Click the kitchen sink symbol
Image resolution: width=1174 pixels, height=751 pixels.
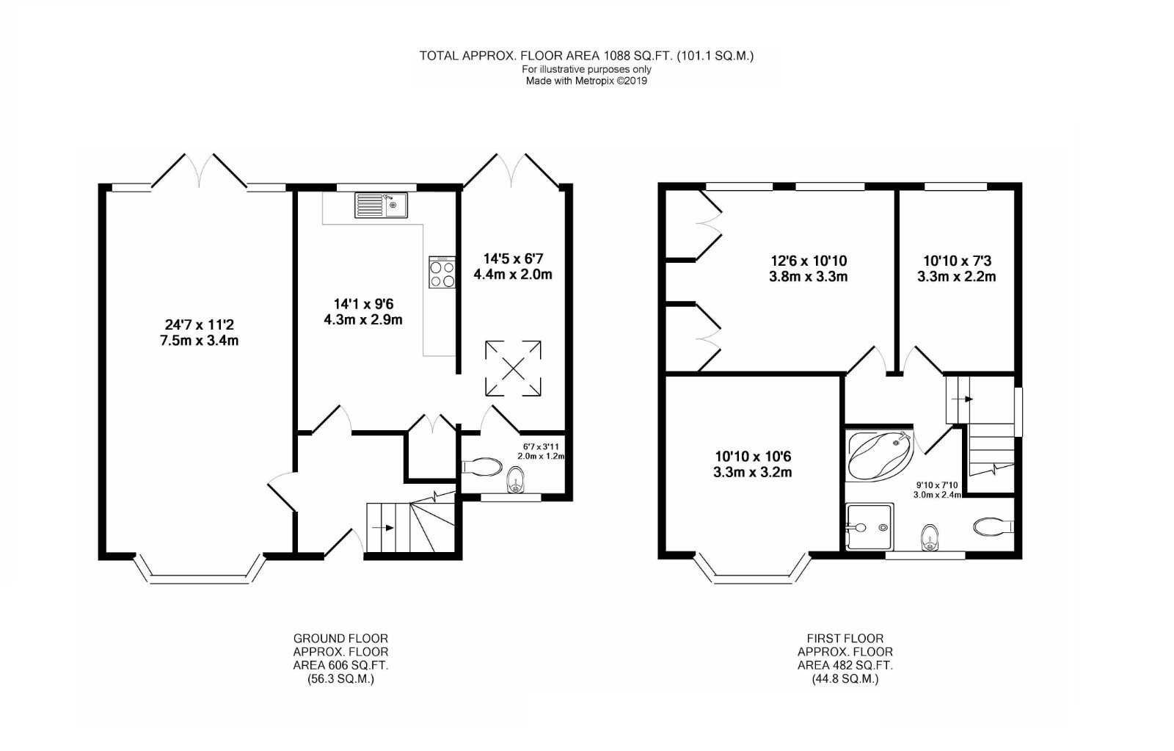381,205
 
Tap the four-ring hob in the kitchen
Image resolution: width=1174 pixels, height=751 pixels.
442,272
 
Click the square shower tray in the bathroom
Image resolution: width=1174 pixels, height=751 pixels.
870,527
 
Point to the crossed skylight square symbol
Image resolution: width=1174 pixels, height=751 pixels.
513,368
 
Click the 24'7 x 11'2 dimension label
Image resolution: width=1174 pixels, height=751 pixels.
199,325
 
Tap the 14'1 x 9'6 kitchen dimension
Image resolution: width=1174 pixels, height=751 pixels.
363,304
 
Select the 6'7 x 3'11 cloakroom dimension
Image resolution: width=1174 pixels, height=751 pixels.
541,447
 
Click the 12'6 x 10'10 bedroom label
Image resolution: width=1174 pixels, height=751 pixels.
808,261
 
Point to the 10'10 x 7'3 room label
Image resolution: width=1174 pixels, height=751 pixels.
957,261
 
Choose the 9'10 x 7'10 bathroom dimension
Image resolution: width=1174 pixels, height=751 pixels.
938,485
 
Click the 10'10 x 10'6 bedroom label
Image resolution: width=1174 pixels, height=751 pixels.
753,457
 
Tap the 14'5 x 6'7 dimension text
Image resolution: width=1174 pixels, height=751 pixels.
513,258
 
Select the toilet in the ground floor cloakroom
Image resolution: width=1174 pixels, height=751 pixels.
481,466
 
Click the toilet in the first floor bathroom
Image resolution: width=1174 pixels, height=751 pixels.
994,526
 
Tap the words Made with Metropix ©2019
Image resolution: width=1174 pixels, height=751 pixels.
586,81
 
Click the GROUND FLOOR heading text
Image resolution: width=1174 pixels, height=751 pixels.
340,639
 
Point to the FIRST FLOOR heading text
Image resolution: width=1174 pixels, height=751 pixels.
845,639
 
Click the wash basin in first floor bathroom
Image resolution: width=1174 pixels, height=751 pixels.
930,538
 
